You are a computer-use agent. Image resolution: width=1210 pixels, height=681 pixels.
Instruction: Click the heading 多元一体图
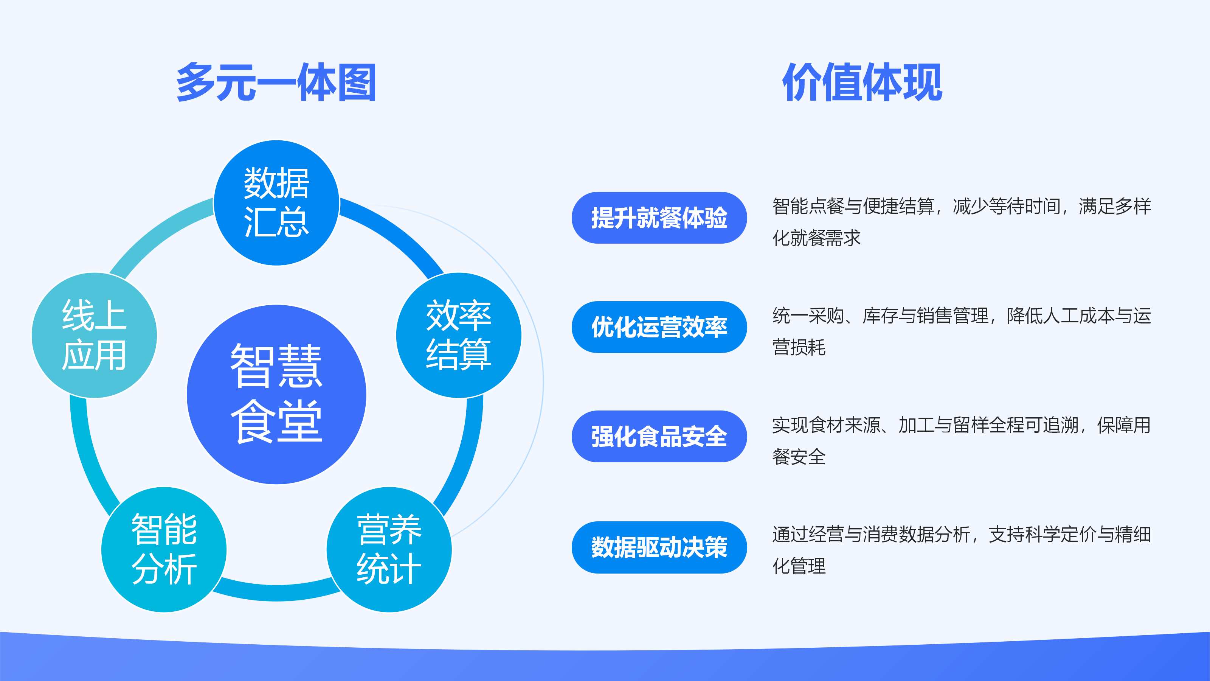(276, 83)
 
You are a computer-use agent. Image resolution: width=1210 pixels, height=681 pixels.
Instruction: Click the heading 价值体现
(862, 83)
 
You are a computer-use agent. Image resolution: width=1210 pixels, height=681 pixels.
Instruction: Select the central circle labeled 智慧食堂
(276, 394)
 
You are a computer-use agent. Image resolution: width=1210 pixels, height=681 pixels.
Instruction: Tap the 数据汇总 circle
(276, 202)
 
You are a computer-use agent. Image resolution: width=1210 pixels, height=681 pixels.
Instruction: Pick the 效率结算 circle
(458, 335)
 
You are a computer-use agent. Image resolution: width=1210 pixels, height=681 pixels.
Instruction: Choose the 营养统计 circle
(389, 549)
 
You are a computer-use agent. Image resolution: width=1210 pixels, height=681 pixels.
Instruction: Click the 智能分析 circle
(164, 549)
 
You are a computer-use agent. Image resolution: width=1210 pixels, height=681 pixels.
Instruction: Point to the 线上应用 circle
(94, 335)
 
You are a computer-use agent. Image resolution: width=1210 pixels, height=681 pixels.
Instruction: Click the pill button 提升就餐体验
(659, 218)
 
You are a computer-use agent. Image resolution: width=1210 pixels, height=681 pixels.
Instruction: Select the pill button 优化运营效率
(659, 327)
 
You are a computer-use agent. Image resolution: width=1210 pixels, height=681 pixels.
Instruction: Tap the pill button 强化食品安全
(659, 436)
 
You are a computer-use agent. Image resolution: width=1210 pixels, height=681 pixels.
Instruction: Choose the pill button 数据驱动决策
(659, 547)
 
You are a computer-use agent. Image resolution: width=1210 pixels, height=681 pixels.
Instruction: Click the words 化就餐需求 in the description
(816, 238)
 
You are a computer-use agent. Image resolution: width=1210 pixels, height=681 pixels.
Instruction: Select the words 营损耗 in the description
(799, 347)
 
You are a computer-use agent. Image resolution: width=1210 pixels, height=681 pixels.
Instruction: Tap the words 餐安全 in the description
(799, 457)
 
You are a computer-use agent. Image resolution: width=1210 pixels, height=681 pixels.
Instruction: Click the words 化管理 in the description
(799, 566)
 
